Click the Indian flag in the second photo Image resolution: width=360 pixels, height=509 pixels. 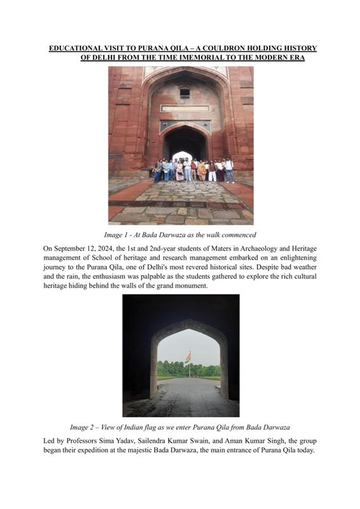188,356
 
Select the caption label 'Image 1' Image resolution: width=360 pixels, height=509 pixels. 118,235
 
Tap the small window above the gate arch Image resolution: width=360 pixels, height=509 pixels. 184,93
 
